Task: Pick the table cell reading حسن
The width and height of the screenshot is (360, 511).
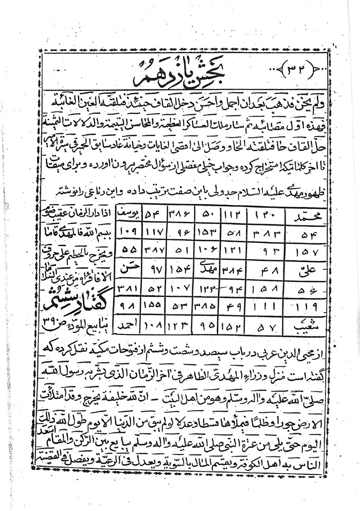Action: coord(123,268)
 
